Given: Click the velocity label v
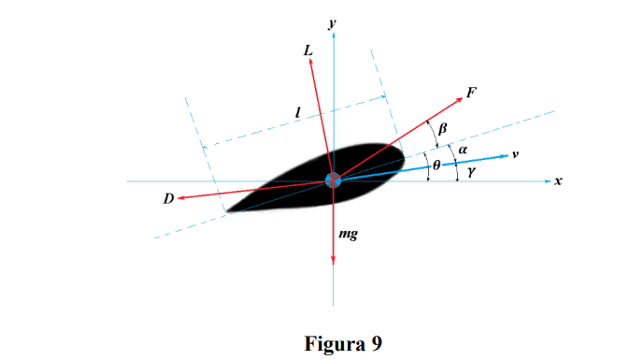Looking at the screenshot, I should [x=515, y=153].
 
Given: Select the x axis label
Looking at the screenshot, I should [x=558, y=180].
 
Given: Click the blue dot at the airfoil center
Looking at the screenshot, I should [x=333, y=180].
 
